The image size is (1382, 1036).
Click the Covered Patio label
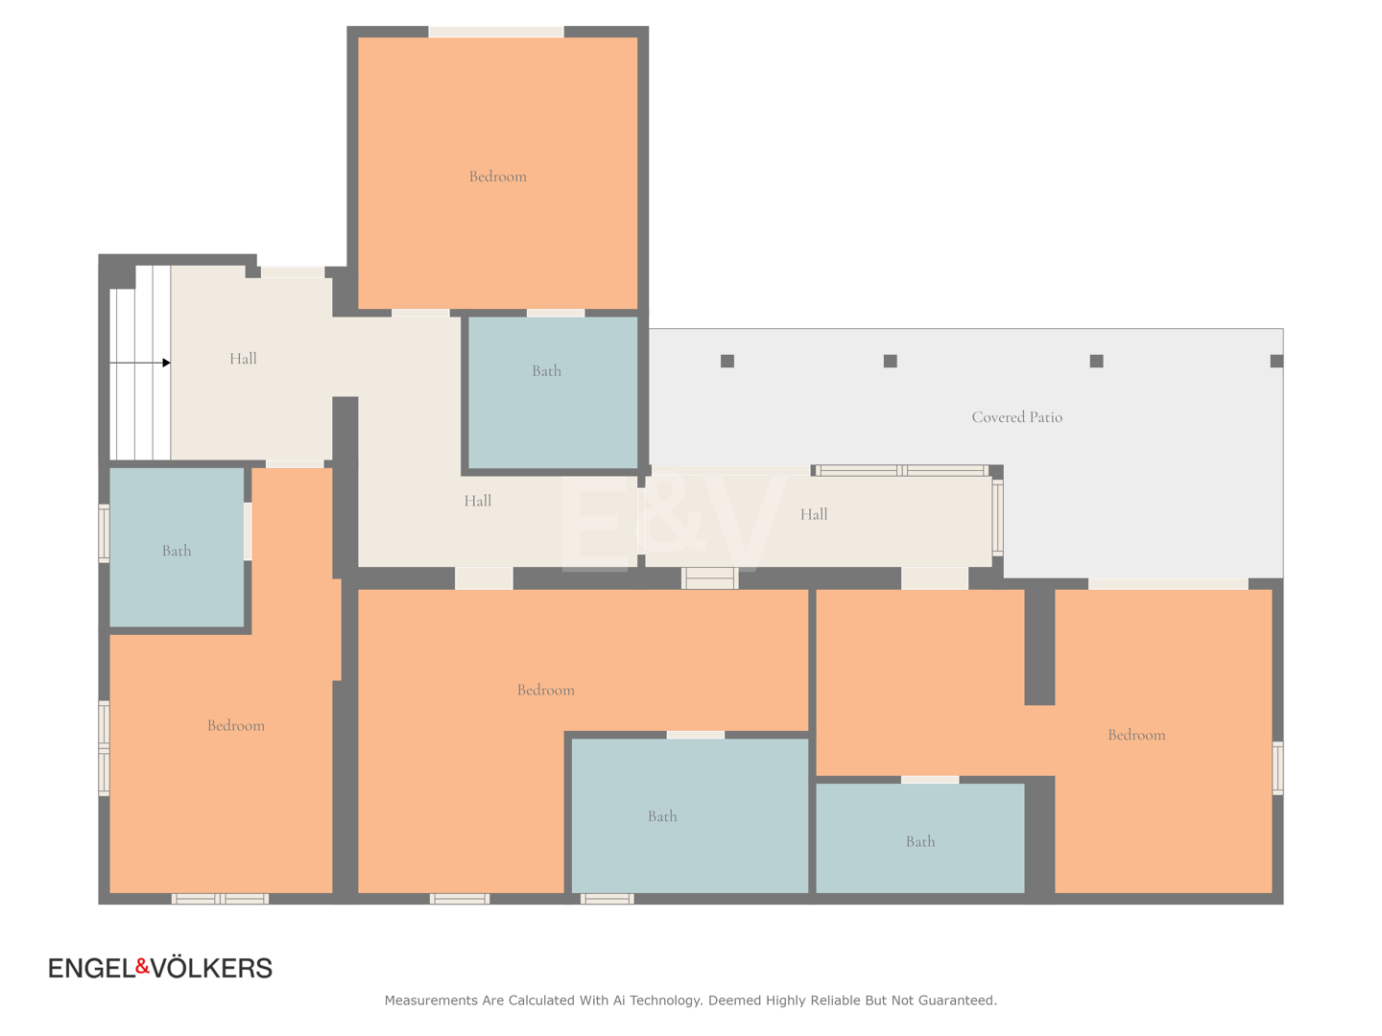click(1016, 417)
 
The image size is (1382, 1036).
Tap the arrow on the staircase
click(140, 363)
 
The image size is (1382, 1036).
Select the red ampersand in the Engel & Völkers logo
click(142, 966)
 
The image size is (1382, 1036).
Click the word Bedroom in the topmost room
click(497, 177)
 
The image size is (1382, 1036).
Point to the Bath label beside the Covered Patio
click(546, 370)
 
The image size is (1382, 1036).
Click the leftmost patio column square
click(727, 361)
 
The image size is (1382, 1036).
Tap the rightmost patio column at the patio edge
click(1276, 361)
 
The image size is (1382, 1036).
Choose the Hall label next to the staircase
click(243, 359)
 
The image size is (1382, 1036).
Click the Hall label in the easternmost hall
click(814, 514)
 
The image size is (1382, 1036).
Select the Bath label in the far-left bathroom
click(177, 551)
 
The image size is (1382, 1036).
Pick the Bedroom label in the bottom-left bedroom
click(236, 725)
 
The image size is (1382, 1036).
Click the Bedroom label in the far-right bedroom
click(1136, 735)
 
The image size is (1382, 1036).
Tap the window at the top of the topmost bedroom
click(496, 32)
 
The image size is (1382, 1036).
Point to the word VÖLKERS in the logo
click(212, 968)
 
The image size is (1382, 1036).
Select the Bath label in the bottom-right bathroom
click(919, 841)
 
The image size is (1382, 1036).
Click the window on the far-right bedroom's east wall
click(1277, 768)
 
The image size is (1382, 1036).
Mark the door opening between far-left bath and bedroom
click(248, 531)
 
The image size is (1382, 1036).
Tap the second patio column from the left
click(891, 361)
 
